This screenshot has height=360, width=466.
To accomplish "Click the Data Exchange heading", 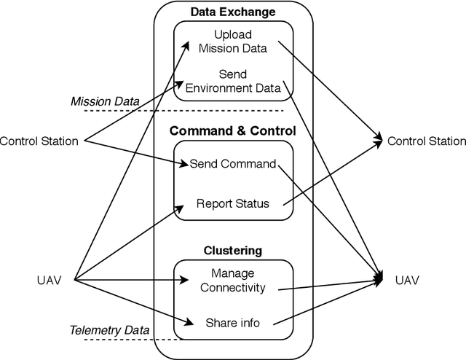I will coord(233,12).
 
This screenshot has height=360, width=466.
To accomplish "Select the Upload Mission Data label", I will coord(233,42).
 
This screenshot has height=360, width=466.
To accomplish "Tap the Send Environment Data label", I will coord(233,82).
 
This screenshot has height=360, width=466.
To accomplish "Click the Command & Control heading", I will coord(233,131).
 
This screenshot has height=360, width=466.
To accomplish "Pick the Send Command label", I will coord(233,164).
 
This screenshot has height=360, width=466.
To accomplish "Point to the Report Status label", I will coord(233,203).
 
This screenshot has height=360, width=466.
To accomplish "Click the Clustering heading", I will coord(233,251).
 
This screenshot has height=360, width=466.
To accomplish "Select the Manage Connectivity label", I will coord(233,281).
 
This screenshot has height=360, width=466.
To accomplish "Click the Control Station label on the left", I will coord(39,141).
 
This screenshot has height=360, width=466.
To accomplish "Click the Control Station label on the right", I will coord(427,141).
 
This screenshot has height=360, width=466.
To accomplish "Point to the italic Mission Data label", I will coord(105,101).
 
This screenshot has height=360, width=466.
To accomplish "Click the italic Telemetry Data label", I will coord(109,330).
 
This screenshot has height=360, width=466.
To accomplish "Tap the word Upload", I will coord(233,35).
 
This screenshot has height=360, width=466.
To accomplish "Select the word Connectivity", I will coord(233,288).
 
